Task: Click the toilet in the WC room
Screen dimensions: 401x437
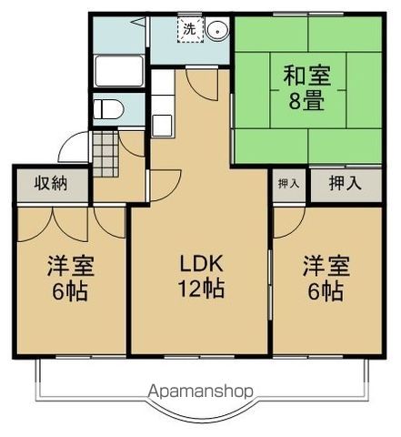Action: click(108, 109)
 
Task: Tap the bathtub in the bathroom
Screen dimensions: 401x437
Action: click(119, 71)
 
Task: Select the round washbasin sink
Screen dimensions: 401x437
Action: click(217, 30)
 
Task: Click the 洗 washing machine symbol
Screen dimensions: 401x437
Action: click(190, 30)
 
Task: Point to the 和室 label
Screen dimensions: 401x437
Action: click(306, 76)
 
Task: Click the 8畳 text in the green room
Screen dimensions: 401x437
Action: click(306, 101)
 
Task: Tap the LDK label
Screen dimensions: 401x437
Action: click(202, 263)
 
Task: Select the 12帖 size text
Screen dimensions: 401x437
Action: click(202, 289)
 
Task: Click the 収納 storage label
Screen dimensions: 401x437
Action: click(51, 183)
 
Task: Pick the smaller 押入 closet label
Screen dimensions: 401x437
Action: click(288, 183)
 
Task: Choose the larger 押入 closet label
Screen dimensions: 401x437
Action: click(346, 183)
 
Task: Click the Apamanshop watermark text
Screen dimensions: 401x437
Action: click(200, 391)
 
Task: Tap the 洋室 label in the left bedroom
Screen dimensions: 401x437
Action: click(71, 266)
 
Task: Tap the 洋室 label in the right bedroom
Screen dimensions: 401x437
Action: click(326, 266)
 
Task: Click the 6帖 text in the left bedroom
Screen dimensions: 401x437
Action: click(70, 291)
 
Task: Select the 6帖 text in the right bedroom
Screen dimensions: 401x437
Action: click(326, 291)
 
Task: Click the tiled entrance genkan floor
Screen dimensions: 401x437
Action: click(105, 154)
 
